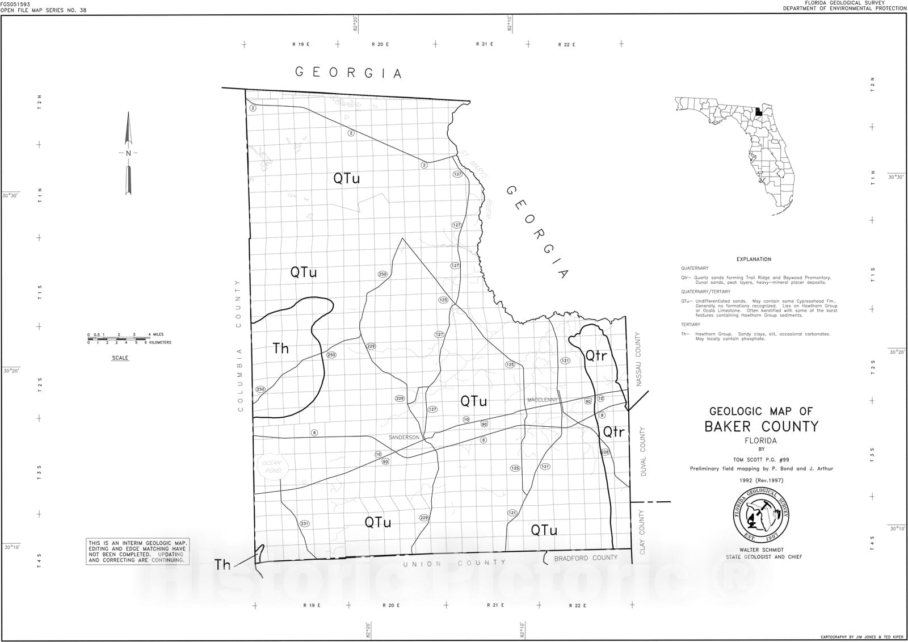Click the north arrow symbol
tap(128, 153)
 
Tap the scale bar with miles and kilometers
tap(121, 339)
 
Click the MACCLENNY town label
tap(543, 400)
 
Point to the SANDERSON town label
tap(404, 438)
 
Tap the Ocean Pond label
tap(271, 467)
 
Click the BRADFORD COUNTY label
tap(585, 558)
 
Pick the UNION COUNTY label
tap(454, 563)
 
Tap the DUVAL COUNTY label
tap(643, 451)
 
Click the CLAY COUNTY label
tap(642, 532)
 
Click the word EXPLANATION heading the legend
tap(754, 259)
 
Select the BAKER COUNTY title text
tap(761, 427)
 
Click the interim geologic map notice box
tap(137, 552)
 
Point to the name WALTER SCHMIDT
tap(761, 550)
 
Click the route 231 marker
tap(304, 523)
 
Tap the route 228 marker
tap(604, 452)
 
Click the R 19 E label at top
tap(301, 44)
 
